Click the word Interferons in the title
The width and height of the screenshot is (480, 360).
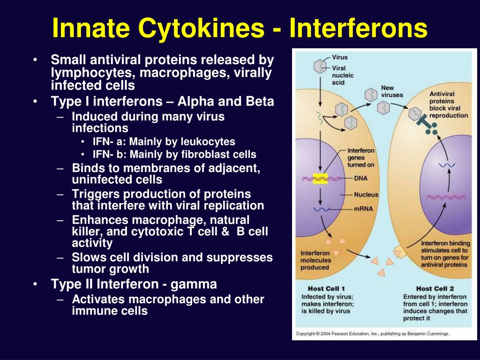pos(359,28)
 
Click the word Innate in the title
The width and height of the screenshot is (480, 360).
pos(91,28)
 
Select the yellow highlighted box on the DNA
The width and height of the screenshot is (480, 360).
pos(320,179)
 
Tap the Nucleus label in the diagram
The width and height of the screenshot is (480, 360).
pos(366,195)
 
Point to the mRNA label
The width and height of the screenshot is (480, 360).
pos(363,209)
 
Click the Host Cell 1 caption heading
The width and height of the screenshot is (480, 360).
pos(326,289)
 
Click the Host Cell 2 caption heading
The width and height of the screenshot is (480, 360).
pos(435,289)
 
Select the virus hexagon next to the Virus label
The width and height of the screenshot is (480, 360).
pos(320,67)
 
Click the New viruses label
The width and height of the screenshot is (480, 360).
pos(392,91)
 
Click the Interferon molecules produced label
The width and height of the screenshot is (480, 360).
pos(315,261)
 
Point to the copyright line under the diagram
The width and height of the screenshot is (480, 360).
pos(372,334)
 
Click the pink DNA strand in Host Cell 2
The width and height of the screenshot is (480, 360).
pos(446,197)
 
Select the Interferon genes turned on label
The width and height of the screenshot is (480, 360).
pos(361,157)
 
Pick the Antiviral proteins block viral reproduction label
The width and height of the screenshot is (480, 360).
pos(449,105)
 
